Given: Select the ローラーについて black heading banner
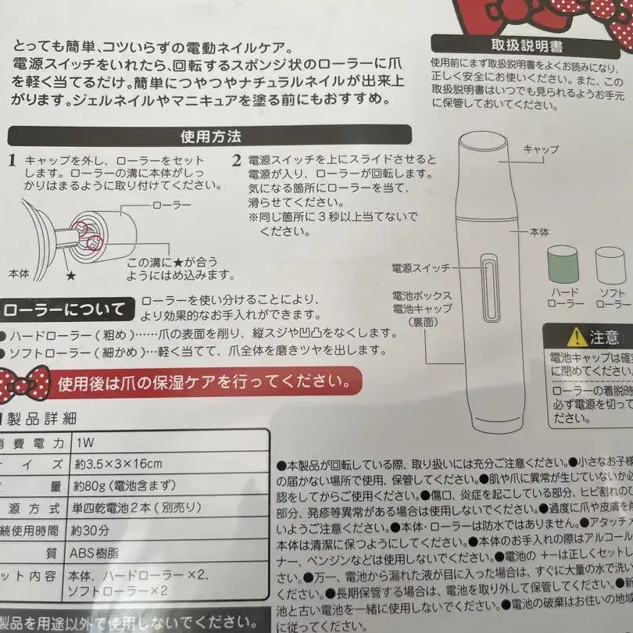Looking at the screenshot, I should point(64,310).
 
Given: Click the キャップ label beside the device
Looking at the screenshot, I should point(540,148).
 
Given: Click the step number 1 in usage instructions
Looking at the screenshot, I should point(12,161).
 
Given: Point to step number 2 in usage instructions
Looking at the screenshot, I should point(236,161).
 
